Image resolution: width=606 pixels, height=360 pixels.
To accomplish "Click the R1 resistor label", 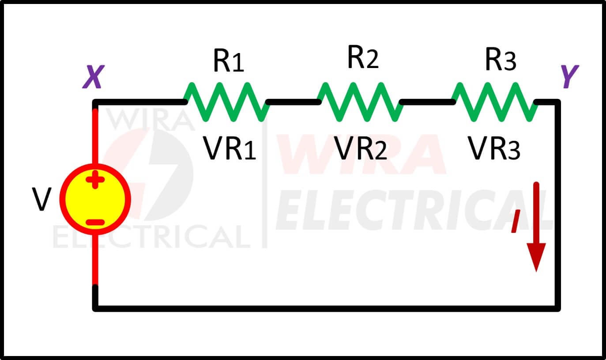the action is click(x=229, y=61).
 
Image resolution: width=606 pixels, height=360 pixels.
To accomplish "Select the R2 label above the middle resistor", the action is click(x=363, y=57).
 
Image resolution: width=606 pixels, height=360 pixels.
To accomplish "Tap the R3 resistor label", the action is click(x=501, y=59).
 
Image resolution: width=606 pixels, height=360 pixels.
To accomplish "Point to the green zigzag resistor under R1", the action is click(x=226, y=102).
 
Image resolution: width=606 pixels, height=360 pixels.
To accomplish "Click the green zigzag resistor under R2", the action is click(x=360, y=102).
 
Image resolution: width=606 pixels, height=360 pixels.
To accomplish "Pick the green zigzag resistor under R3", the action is click(x=494, y=102).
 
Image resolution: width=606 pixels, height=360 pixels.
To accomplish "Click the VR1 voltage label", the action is click(x=229, y=148).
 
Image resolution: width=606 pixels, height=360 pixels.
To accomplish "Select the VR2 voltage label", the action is click(x=360, y=148).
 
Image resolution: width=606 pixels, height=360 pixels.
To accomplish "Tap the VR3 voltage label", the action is click(x=494, y=148).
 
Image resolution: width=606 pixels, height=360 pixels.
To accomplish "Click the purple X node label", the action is click(x=94, y=77).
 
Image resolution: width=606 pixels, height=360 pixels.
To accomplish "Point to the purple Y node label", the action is click(x=570, y=76).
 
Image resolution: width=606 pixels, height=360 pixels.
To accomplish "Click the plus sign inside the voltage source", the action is click(x=95, y=179).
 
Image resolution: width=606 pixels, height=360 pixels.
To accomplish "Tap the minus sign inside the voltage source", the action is click(x=95, y=223).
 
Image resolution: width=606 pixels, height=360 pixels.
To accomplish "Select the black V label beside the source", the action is click(x=41, y=199).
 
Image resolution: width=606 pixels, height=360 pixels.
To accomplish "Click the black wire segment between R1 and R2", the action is click(x=294, y=102).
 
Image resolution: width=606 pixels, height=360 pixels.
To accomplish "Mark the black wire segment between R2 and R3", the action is click(x=427, y=102).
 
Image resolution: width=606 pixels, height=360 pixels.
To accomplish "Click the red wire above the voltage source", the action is click(x=95, y=136).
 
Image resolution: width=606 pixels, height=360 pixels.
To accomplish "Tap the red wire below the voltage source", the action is click(x=95, y=260).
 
